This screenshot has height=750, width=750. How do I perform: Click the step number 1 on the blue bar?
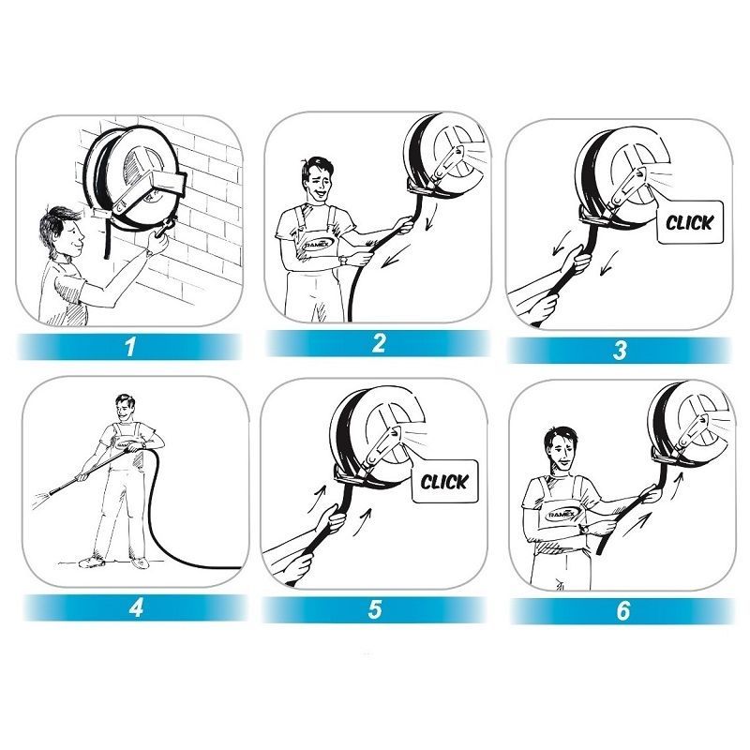tap(130, 346)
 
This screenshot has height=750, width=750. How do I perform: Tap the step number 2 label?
tap(379, 343)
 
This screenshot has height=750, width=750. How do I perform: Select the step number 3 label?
tap(620, 350)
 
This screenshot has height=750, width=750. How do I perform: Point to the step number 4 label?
tap(136, 607)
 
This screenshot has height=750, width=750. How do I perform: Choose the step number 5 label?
tap(375, 610)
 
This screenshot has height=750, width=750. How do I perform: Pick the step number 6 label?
tap(623, 611)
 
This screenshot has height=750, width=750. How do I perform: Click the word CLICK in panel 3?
tap(689, 222)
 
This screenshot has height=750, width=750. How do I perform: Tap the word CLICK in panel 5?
tap(443, 482)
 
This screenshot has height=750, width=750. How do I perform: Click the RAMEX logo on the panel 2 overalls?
tap(317, 244)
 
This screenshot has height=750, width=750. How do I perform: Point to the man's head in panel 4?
tap(125, 408)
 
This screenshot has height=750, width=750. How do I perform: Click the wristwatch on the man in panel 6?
tap(582, 530)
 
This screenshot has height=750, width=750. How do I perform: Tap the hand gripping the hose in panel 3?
tap(577, 262)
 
